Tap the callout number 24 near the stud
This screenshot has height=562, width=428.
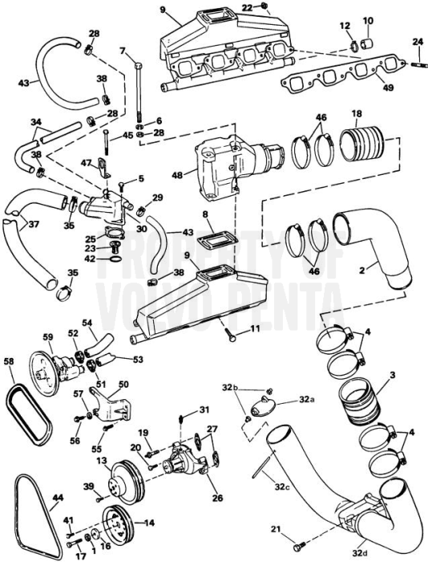click(417, 41)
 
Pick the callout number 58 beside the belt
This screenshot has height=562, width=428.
click(9, 362)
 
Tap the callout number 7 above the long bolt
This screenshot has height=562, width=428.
click(123, 51)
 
